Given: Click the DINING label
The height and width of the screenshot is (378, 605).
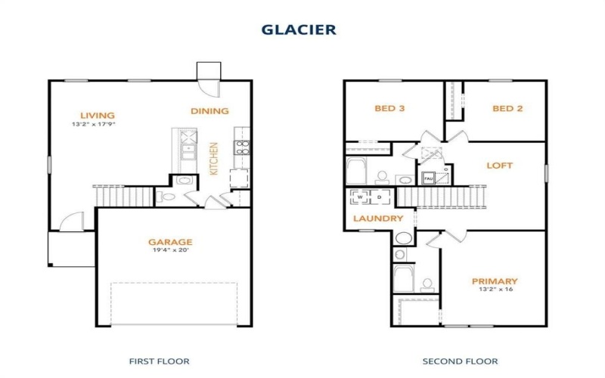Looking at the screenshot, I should click(209, 111).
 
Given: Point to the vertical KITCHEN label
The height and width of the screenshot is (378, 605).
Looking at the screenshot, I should click(214, 159).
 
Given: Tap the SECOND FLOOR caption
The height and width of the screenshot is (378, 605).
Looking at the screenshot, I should click(450, 361).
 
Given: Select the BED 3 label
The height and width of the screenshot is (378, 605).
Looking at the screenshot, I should click(390, 108).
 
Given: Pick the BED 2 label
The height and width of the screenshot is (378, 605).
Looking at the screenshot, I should click(507, 108).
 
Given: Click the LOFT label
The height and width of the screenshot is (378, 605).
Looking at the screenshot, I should click(499, 165).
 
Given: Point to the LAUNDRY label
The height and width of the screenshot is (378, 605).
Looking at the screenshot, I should click(371, 218).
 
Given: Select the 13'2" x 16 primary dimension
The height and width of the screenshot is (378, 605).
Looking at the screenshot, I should click(495, 290).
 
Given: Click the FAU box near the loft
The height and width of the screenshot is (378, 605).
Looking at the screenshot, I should click(428, 179).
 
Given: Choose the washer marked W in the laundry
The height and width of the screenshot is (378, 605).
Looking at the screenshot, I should click(359, 197).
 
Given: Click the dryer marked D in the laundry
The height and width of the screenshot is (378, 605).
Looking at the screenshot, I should click(379, 197).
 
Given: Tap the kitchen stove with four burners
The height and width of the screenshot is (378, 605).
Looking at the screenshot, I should click(243, 147).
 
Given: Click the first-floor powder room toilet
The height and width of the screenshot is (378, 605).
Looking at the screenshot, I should click(167, 197).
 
